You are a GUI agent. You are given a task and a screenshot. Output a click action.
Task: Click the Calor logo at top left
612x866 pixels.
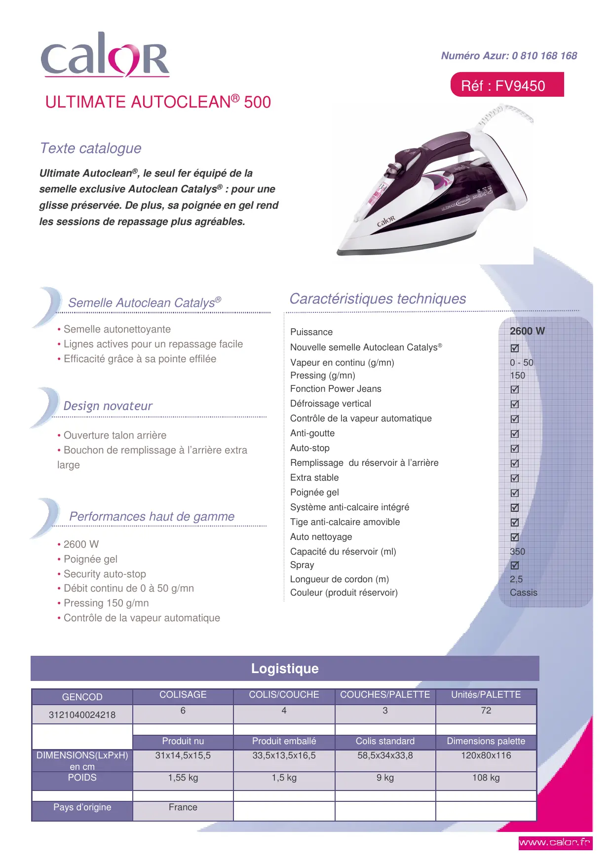tap(105, 55)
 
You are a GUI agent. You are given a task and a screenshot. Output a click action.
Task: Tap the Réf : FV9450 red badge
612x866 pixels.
tap(507, 85)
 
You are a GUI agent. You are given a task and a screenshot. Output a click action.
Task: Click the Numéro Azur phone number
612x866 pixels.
tap(509, 56)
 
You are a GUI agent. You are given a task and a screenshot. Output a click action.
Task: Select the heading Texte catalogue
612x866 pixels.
tap(91, 148)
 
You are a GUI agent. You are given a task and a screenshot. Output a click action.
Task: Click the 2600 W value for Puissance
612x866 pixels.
tap(527, 331)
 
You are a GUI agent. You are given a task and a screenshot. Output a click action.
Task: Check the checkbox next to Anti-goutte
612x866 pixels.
tap(515, 434)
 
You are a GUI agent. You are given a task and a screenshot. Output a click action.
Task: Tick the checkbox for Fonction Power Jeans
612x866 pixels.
tap(515, 389)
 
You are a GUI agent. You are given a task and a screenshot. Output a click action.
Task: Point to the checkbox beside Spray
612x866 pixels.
tap(515, 565)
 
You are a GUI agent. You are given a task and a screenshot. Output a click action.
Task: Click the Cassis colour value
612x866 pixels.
tap(523, 593)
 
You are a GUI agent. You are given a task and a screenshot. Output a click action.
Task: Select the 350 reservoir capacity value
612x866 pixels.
tap(517, 552)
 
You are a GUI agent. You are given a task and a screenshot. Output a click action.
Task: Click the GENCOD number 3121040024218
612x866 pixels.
tap(82, 715)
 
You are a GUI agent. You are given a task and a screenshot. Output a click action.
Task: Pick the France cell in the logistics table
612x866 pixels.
tap(183, 807)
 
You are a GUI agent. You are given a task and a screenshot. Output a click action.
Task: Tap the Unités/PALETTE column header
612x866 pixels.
tap(486, 695)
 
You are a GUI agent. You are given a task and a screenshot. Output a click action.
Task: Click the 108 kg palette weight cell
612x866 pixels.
tap(486, 778)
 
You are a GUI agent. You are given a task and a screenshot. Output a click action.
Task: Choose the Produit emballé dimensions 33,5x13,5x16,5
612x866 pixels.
tap(284, 755)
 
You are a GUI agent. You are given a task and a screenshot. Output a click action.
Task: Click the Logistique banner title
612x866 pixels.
tap(285, 669)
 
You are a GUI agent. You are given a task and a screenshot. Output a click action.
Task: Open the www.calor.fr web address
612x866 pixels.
tap(555, 842)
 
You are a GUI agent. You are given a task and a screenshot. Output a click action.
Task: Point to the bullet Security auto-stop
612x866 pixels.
tap(105, 574)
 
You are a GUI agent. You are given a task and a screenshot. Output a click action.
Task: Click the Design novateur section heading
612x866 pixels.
tap(108, 406)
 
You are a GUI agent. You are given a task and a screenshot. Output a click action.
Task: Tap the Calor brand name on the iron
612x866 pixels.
tap(386, 221)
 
